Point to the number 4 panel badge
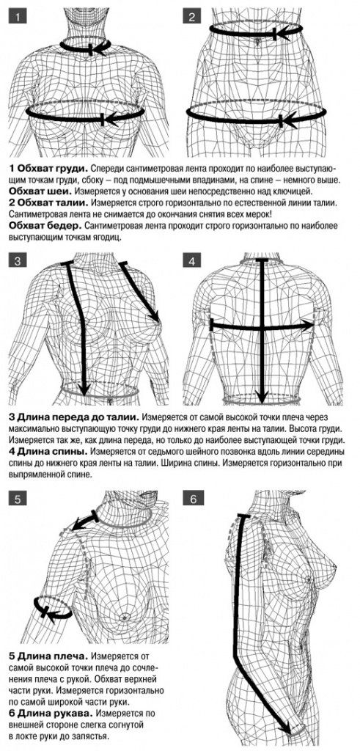[192, 261]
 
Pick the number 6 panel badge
[192, 499]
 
